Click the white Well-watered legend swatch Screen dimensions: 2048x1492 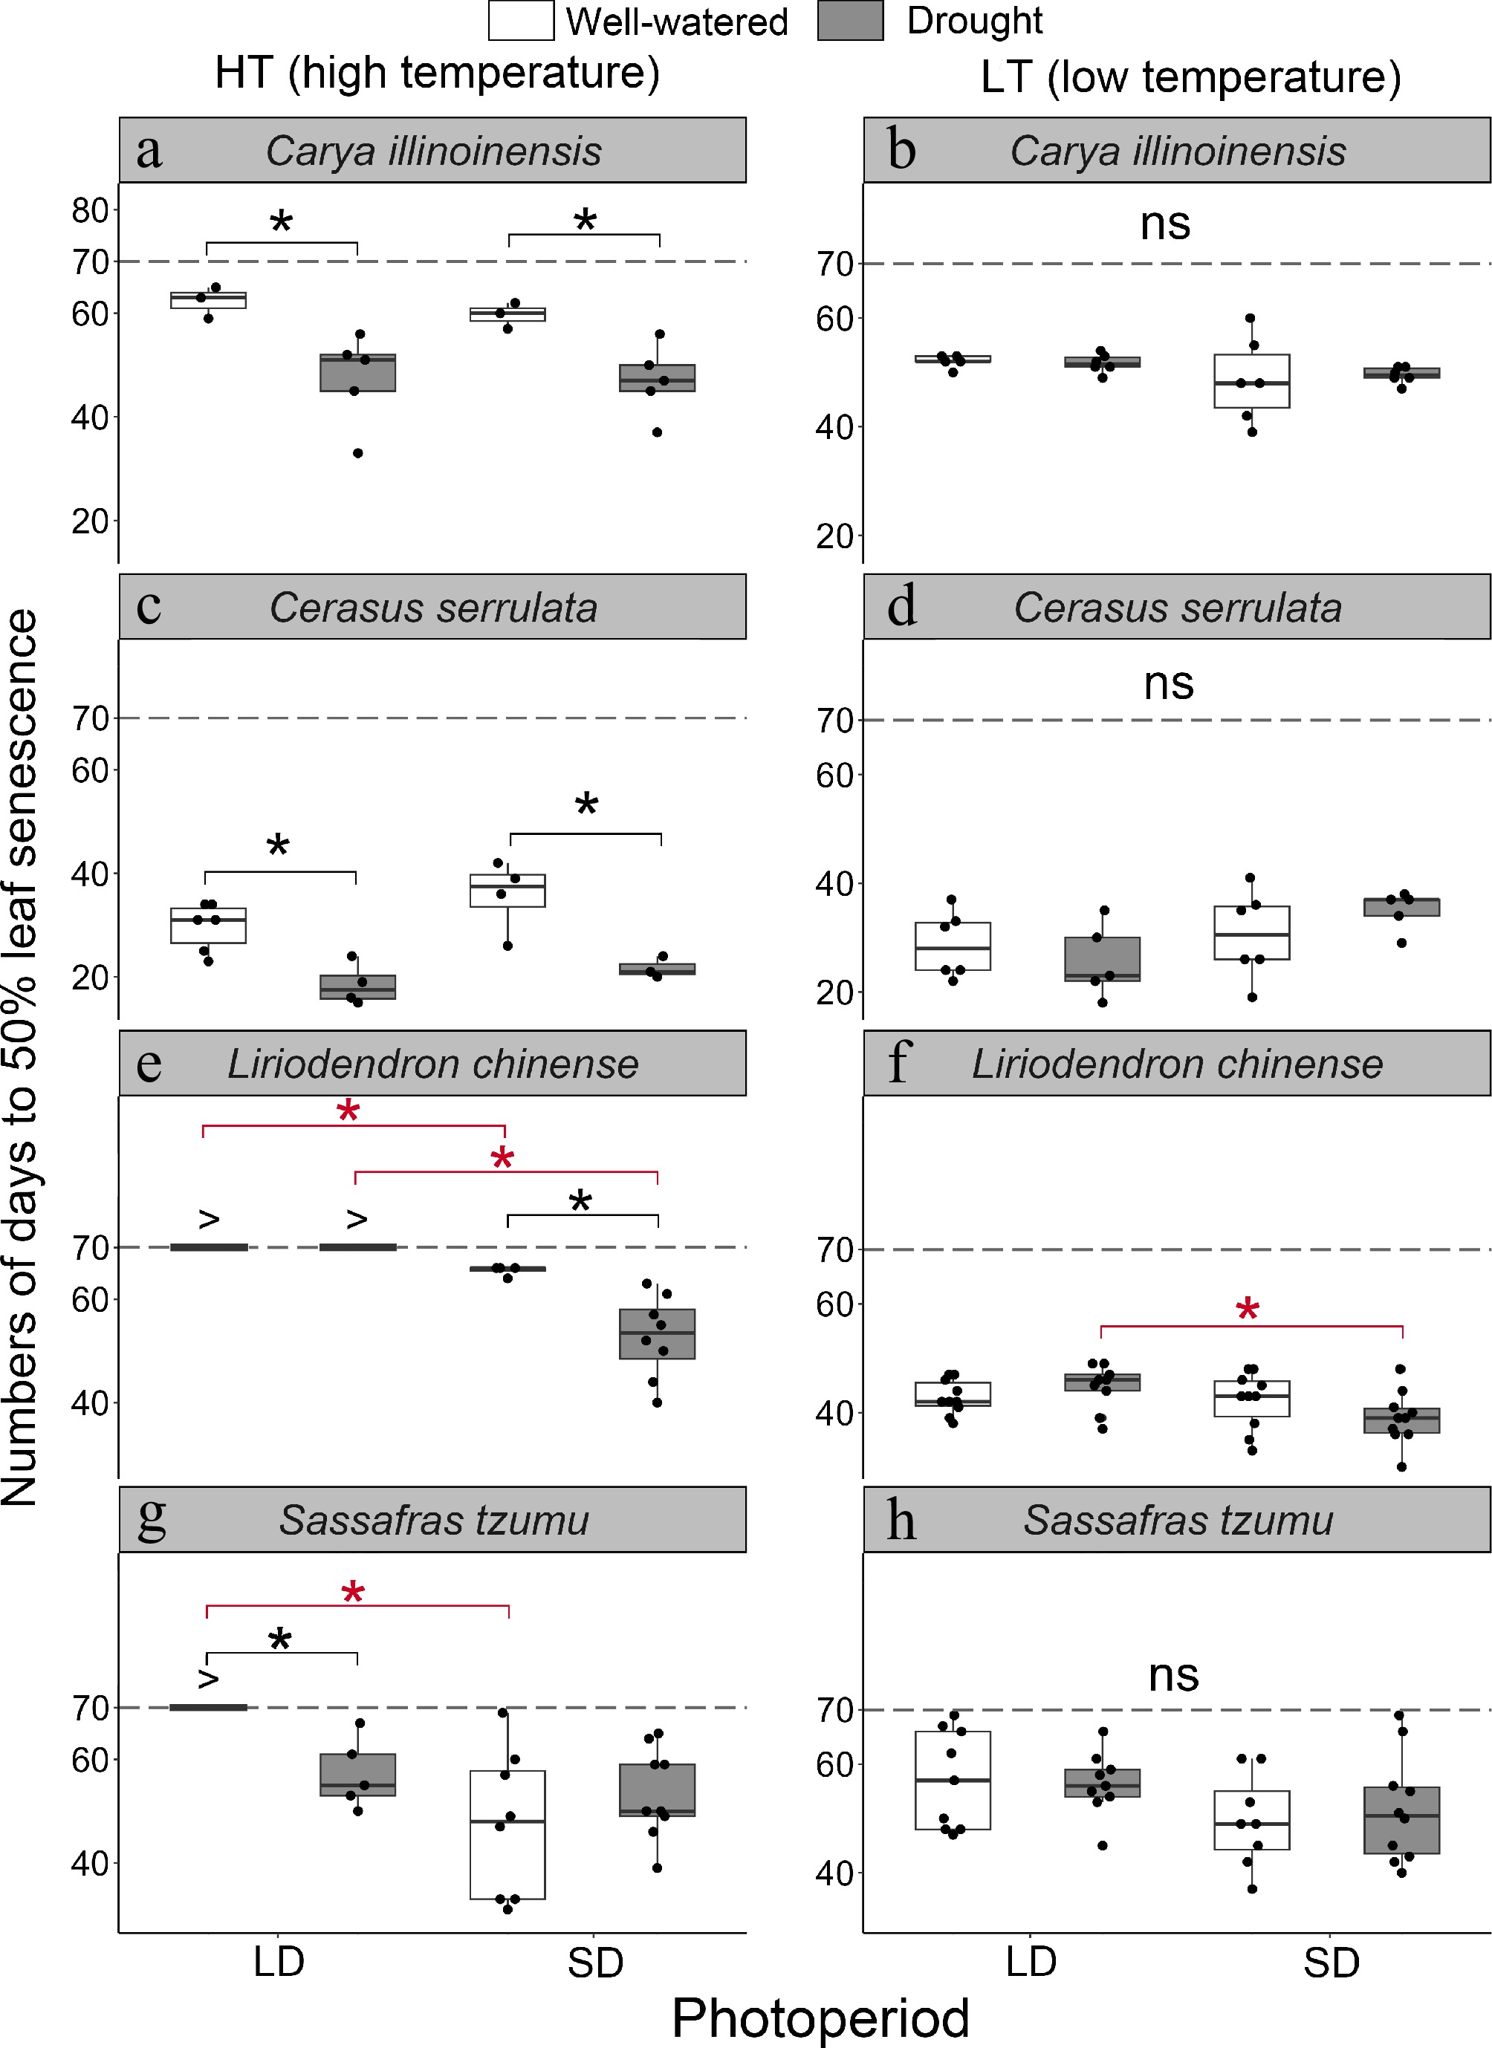(x=520, y=21)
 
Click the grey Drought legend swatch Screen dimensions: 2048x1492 (x=849, y=21)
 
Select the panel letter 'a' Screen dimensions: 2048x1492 (x=149, y=151)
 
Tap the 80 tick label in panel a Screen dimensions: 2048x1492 (x=91, y=210)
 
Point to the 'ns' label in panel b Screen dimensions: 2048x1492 (x=1165, y=223)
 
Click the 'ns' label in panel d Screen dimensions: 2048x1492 (x=1169, y=683)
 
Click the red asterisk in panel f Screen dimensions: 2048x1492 (x=1248, y=1310)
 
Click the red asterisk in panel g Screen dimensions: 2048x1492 (x=353, y=1595)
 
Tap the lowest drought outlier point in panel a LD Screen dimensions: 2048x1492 (x=357, y=453)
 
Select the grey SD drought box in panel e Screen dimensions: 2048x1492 (x=657, y=1333)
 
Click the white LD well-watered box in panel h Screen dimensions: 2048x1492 (x=952, y=1781)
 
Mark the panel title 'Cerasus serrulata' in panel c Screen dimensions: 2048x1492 (x=432, y=608)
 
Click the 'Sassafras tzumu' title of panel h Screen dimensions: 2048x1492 (x=1177, y=1521)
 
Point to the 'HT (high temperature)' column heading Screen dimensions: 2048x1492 (x=437, y=72)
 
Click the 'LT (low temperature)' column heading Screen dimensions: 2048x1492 (x=1190, y=77)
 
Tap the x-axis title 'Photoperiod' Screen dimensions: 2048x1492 (x=820, y=2018)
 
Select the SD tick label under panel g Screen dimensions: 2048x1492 (x=595, y=1963)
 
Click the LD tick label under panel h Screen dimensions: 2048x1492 (x=1031, y=1963)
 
